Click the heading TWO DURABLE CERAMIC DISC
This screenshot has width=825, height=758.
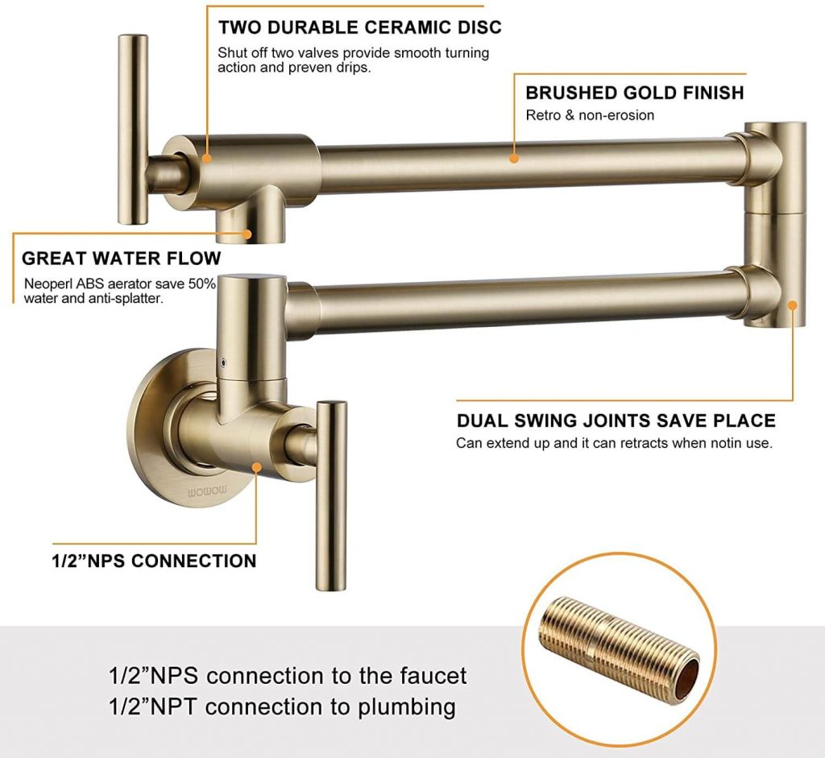(x=359, y=27)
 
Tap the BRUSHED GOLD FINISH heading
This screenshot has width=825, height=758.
(x=634, y=93)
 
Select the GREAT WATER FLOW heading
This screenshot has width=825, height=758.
(x=121, y=259)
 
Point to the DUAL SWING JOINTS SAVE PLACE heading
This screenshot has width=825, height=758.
(x=616, y=420)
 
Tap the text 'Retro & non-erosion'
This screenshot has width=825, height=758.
(x=590, y=115)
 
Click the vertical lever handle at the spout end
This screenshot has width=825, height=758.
(x=133, y=129)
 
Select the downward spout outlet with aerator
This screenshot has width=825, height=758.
(x=246, y=222)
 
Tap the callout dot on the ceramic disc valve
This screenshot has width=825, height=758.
(x=207, y=158)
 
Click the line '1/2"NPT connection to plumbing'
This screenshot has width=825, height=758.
(x=282, y=707)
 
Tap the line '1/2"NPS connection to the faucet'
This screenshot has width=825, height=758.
(x=288, y=675)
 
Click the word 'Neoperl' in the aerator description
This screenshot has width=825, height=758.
(x=47, y=284)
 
